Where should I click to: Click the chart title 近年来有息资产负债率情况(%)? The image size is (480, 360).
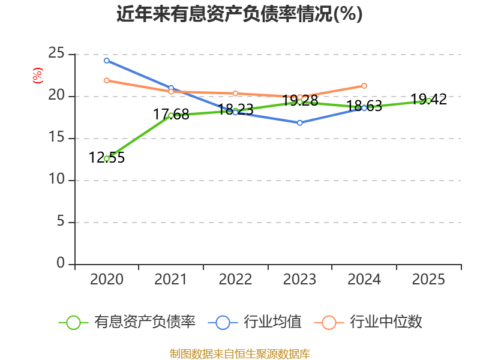pos(239,14)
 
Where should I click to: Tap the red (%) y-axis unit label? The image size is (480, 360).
pos(38,76)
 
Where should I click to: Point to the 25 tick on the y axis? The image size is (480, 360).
pos(56,53)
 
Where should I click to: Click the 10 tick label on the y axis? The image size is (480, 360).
pos(57,179)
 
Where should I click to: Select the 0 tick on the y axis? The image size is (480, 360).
pos(61,263)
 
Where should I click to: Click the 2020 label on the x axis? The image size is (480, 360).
pos(107,279)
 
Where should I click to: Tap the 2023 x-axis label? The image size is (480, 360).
pos(299,279)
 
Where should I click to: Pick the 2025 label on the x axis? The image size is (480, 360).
pos(428,279)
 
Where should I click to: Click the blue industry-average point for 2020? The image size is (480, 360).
pos(107,61)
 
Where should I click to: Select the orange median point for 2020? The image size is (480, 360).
pos(107,80)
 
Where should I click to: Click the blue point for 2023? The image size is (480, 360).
pos(299,123)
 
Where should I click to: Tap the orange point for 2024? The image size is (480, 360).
pos(364,86)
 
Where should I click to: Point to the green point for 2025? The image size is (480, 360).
pos(428,101)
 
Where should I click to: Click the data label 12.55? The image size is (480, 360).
pos(107,158)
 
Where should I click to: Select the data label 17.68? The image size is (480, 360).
pos(171,115)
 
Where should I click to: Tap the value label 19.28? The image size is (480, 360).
pos(300,100)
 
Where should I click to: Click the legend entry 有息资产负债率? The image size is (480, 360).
pos(127,322)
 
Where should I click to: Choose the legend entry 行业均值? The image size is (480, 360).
pos(254,322)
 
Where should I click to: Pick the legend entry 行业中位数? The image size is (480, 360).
pos(368,322)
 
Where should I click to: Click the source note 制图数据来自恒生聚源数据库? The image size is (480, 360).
pos(240,354)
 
